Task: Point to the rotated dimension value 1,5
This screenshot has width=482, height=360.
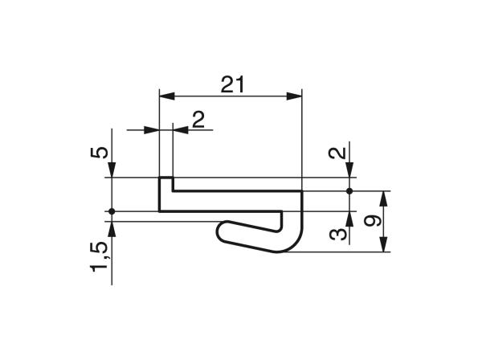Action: point(100,256)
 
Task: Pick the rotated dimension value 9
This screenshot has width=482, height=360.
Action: point(370,221)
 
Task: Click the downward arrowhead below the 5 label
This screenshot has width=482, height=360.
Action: point(112,171)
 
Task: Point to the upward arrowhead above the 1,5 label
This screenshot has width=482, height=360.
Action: point(112,227)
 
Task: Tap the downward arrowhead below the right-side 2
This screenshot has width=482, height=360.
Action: point(349,171)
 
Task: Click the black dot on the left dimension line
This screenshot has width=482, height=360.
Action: point(112,211)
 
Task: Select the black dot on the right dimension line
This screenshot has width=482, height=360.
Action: point(349,191)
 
